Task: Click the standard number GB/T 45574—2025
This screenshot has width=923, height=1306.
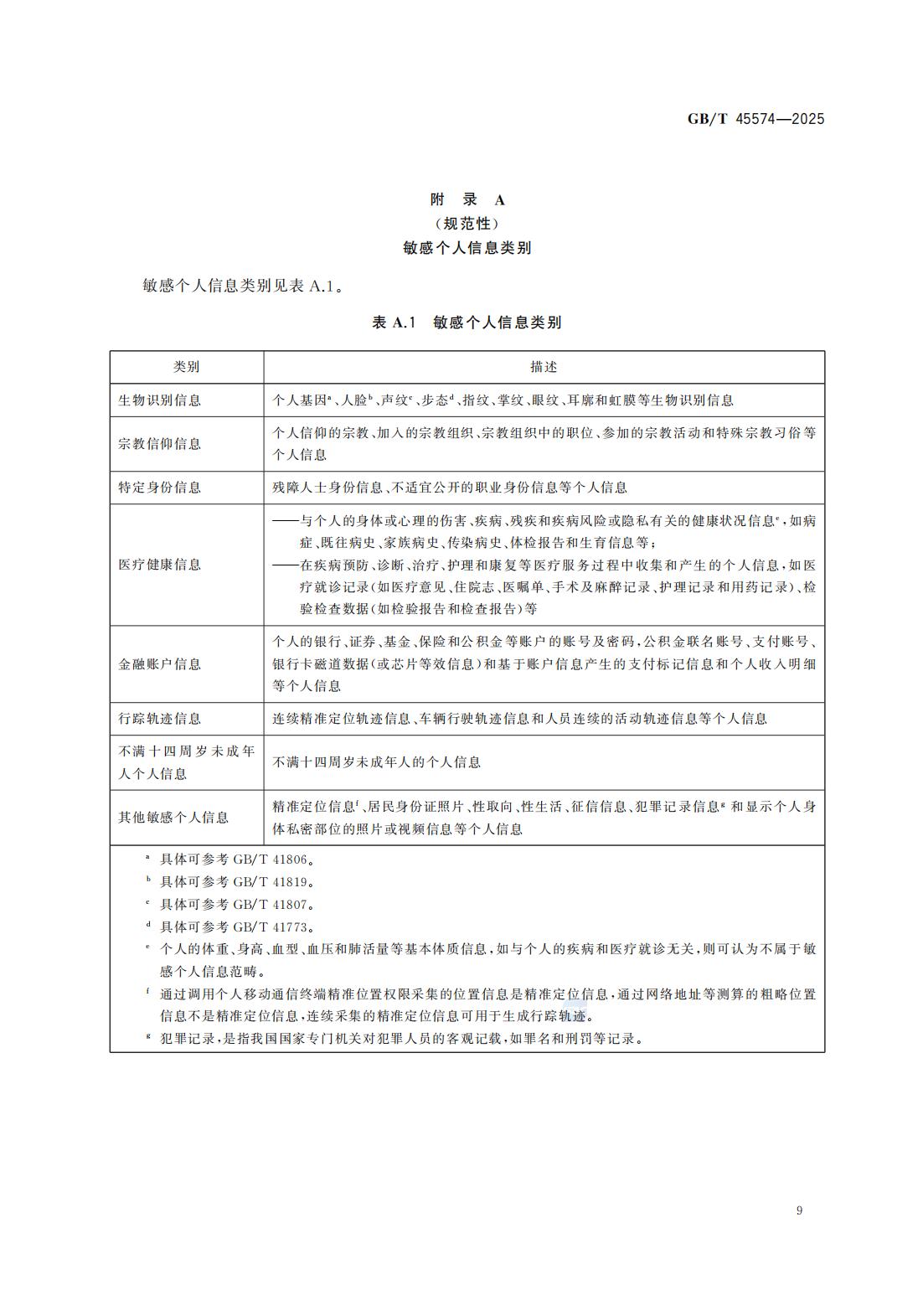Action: point(755,119)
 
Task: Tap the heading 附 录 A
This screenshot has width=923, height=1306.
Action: point(467,199)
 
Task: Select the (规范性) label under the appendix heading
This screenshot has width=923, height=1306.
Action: point(467,224)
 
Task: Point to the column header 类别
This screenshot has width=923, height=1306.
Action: point(186,367)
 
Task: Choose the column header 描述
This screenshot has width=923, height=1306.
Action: point(544,367)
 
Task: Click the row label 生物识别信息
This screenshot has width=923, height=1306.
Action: point(160,400)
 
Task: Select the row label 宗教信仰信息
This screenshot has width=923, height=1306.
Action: point(160,444)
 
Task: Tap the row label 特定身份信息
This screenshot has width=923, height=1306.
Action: point(160,488)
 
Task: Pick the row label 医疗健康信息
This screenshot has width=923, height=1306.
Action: point(160,565)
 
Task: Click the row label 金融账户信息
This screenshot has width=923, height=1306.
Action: point(160,664)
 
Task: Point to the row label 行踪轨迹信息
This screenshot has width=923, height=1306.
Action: point(160,719)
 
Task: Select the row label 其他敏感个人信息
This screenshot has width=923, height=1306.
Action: point(173,818)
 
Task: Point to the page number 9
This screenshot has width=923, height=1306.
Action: point(799,1211)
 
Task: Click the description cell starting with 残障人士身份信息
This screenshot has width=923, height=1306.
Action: point(450,488)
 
